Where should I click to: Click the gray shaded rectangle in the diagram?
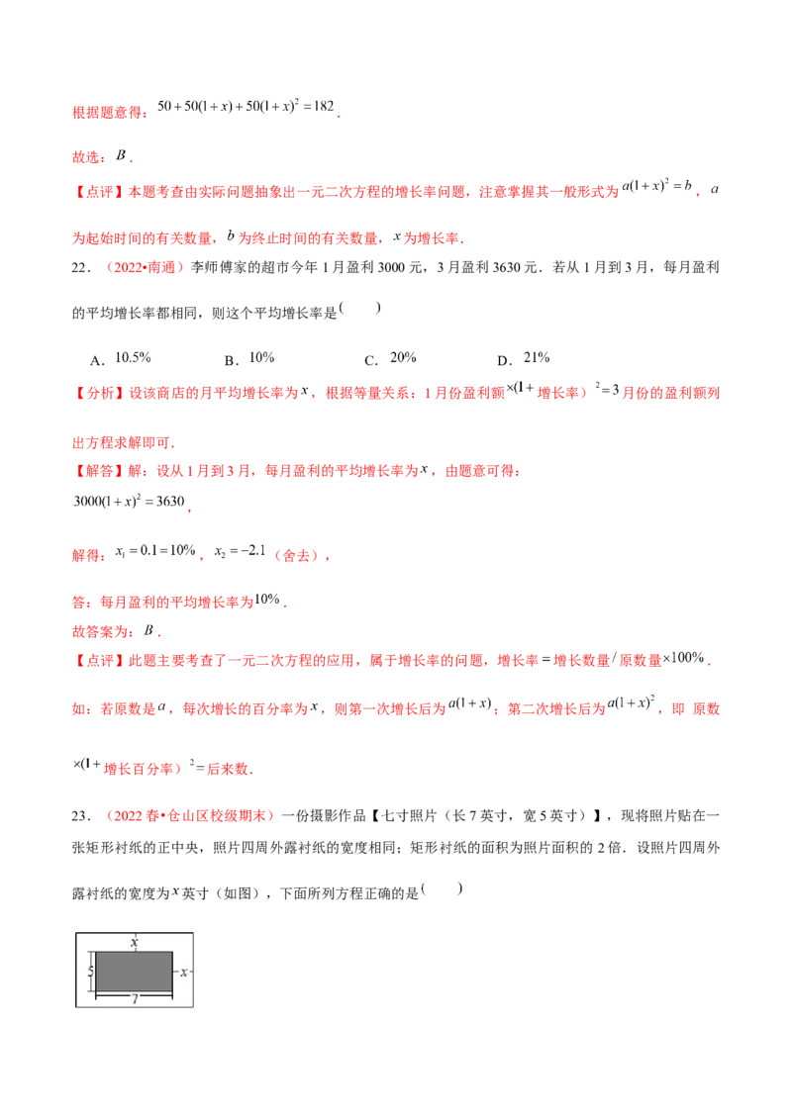[134, 971]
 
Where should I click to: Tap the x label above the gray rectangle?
[134, 943]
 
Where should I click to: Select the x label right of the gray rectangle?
[183, 973]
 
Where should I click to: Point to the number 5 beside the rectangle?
[90, 972]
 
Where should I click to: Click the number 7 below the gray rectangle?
[134, 1000]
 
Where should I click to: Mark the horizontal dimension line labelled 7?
[134, 994]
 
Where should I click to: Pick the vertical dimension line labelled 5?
[94, 972]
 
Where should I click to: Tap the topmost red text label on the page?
[109, 114]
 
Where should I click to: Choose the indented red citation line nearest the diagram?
[188, 816]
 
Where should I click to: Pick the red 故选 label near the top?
[87, 156]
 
